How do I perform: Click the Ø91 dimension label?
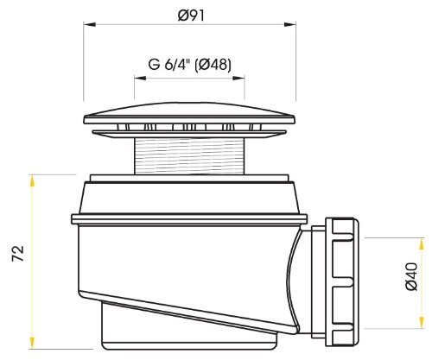pos(191,16)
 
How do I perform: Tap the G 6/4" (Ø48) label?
pos(189,65)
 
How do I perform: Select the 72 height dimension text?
pos(18,254)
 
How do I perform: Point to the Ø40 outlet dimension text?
pos(411,276)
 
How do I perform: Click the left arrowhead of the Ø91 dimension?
pos(89,24)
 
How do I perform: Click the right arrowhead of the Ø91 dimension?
pos(290,24)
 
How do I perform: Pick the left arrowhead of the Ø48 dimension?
pos(140,78)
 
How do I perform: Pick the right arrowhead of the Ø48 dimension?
pos(238,78)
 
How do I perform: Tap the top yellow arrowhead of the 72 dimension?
pos(32,180)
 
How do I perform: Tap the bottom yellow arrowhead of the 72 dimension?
pos(32,343)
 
